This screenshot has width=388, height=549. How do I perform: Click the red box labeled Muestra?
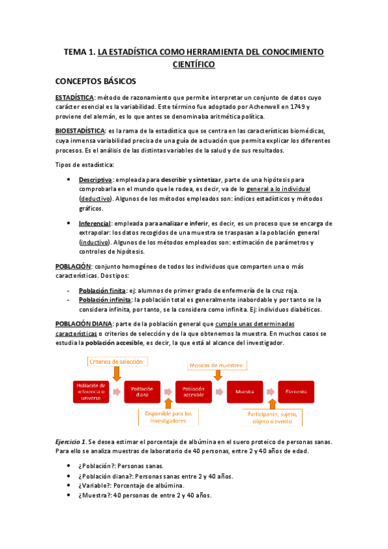coord(245,392)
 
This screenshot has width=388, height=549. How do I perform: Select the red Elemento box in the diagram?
coord(297,392)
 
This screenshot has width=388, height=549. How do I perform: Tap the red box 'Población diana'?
coord(142,392)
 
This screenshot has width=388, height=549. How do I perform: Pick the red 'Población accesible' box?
coord(194,392)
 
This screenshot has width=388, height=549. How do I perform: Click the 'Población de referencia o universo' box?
coord(90,392)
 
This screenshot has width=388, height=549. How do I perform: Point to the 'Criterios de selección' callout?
coord(117,361)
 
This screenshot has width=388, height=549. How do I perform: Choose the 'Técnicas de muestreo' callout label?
coord(216,364)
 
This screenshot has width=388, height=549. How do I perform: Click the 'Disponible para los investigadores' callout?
coord(168,416)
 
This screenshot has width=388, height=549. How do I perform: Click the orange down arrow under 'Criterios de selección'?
coord(117,374)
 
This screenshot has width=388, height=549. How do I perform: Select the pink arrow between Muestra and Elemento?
coord(271,392)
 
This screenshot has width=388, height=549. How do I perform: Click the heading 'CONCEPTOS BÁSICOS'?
coord(95,82)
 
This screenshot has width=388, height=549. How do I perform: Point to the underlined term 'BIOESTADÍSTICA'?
coord(80,131)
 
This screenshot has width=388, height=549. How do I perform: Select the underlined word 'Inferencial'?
coord(95,223)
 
